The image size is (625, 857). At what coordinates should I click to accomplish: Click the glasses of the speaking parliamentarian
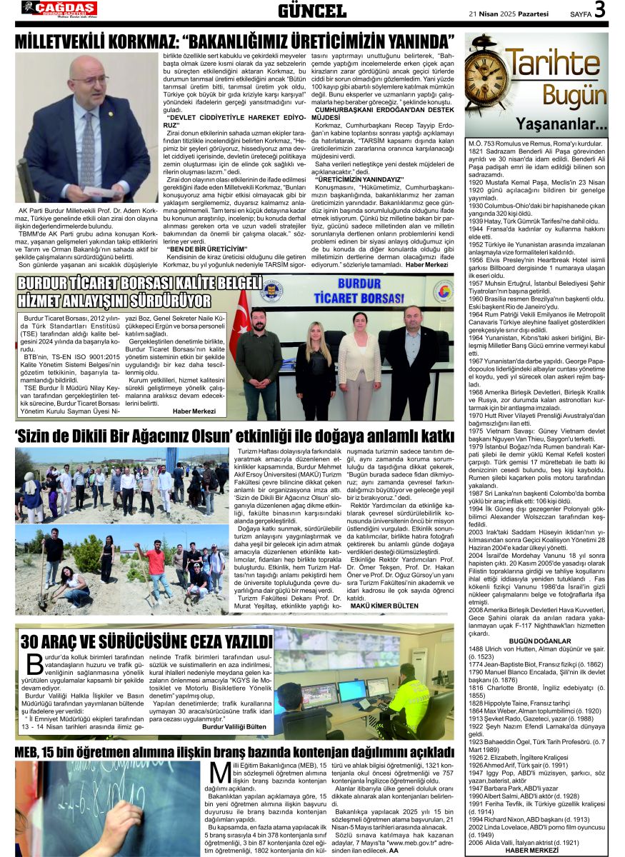tap(87, 79)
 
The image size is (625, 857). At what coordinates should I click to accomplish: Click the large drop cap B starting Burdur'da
tap(34, 664)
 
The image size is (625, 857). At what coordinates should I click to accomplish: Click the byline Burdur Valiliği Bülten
tap(233, 726)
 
